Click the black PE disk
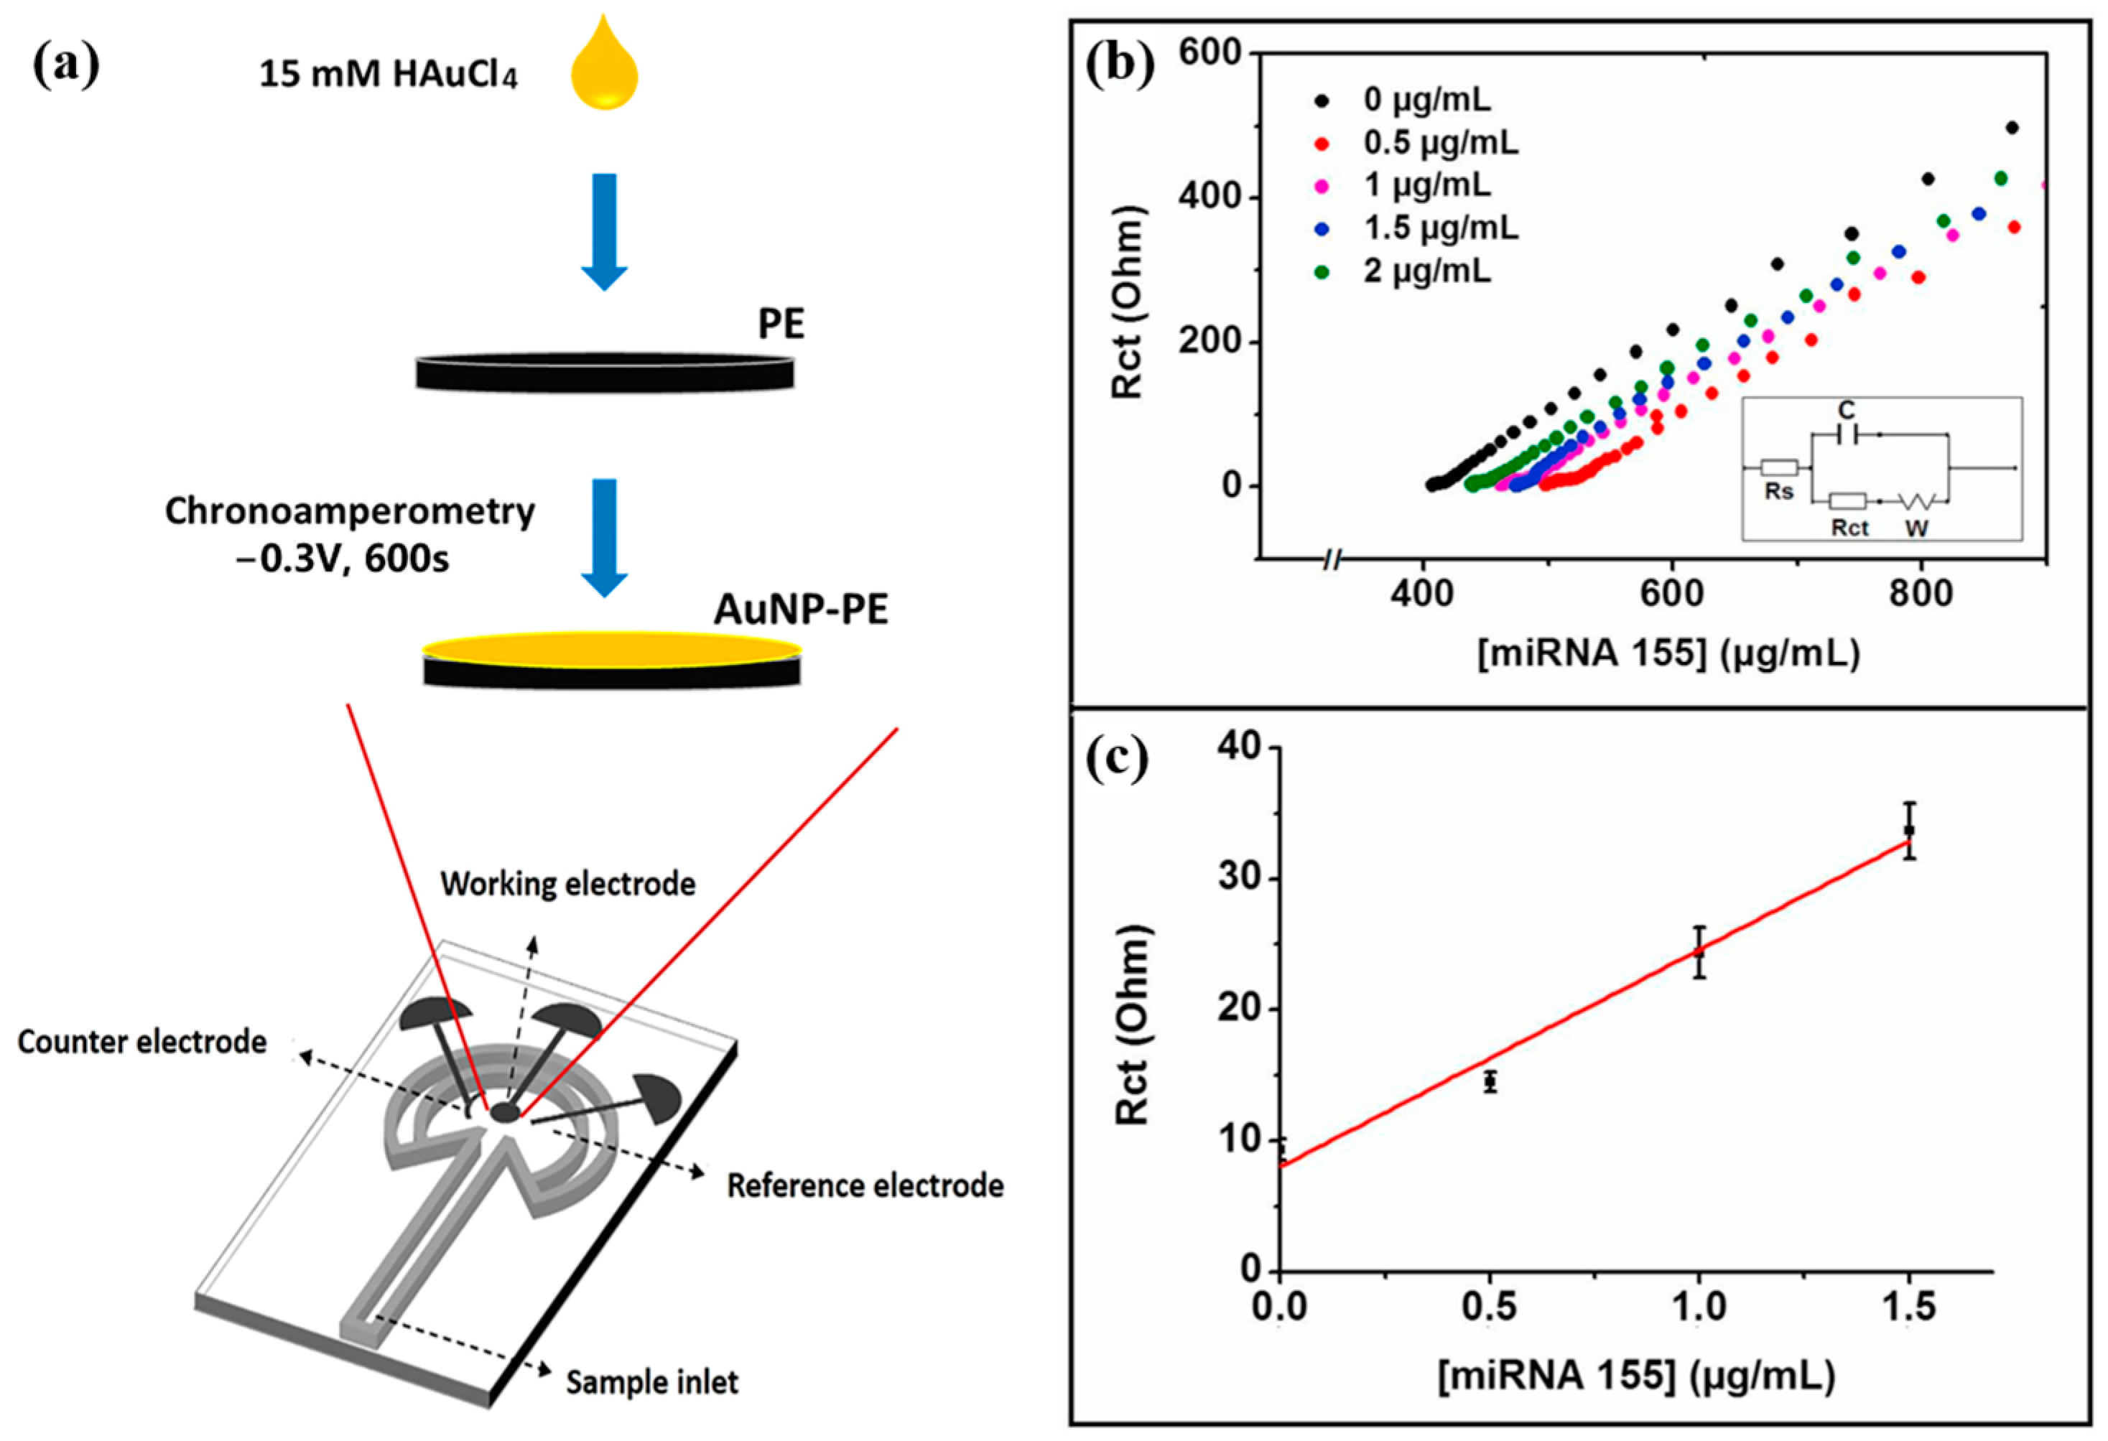coord(604,372)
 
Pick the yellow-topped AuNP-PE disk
coord(611,658)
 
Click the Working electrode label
coord(568,884)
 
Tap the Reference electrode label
coord(865,1186)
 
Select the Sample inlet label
coord(651,1383)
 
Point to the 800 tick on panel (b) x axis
coord(1921,594)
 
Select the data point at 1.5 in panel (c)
coord(1908,830)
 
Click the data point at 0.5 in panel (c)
coord(1490,1082)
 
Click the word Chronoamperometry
coord(349,513)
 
